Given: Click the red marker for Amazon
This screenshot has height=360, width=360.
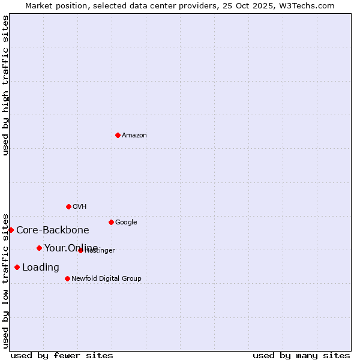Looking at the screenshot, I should coord(118,135).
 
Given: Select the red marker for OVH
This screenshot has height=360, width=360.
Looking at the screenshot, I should coord(68,206).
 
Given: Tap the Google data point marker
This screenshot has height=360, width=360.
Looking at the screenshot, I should coord(111,222).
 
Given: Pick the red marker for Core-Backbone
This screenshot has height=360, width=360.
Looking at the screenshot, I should coord(11,230).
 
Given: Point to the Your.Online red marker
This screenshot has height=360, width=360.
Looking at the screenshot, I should coord(39,248).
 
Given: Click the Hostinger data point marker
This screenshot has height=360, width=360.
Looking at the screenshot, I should coord(80,250).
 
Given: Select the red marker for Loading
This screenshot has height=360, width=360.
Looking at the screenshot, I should coord(17,267).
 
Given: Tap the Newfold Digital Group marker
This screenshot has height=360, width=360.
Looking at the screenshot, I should coord(67,278).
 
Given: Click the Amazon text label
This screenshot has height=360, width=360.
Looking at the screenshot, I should coord(134,136).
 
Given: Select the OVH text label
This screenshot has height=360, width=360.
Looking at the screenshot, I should coord(80,207).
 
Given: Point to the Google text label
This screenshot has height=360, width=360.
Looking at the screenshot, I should coord(126,223).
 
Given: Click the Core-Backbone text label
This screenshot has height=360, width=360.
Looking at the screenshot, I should coord(53,230).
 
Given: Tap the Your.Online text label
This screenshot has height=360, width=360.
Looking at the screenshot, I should coord(71,248).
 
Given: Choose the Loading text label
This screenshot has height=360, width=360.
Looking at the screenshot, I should coord(41,268).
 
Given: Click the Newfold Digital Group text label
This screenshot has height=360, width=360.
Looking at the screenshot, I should coord(106,279).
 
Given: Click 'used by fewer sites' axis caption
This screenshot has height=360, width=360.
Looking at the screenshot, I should coord(62,355).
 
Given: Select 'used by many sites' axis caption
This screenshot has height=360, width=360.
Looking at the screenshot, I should coord(301,355).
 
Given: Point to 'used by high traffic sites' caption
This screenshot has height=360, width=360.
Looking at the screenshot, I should coord(5,85).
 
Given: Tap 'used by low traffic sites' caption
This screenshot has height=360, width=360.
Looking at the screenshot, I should coord(5,280).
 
